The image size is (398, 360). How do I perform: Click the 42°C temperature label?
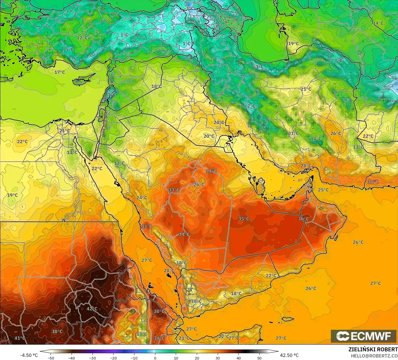[92, 309]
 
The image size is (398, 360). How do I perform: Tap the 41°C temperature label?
[20, 338]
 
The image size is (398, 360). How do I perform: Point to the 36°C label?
[304, 219]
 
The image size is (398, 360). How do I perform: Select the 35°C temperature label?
[244, 219]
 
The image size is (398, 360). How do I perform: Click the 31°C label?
[373, 182]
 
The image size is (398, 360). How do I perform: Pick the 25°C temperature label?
[323, 190]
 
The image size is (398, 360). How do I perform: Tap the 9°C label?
[348, 100]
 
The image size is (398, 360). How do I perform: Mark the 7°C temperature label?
[338, 61]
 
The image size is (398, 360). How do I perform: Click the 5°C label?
[70, 50]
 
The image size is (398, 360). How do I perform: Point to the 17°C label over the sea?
[60, 72]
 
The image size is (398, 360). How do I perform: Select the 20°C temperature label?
[209, 136]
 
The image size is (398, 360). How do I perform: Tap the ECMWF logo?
[364, 336]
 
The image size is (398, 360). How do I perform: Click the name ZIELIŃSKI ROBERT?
[373, 349]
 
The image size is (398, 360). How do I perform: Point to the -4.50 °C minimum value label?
[29, 355]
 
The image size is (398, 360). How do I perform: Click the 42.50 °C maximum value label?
[289, 355]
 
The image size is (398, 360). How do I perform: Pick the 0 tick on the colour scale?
[155, 358]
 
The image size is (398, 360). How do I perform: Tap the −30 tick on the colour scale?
[93, 358]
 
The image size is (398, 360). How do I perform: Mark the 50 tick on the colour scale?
[260, 358]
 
